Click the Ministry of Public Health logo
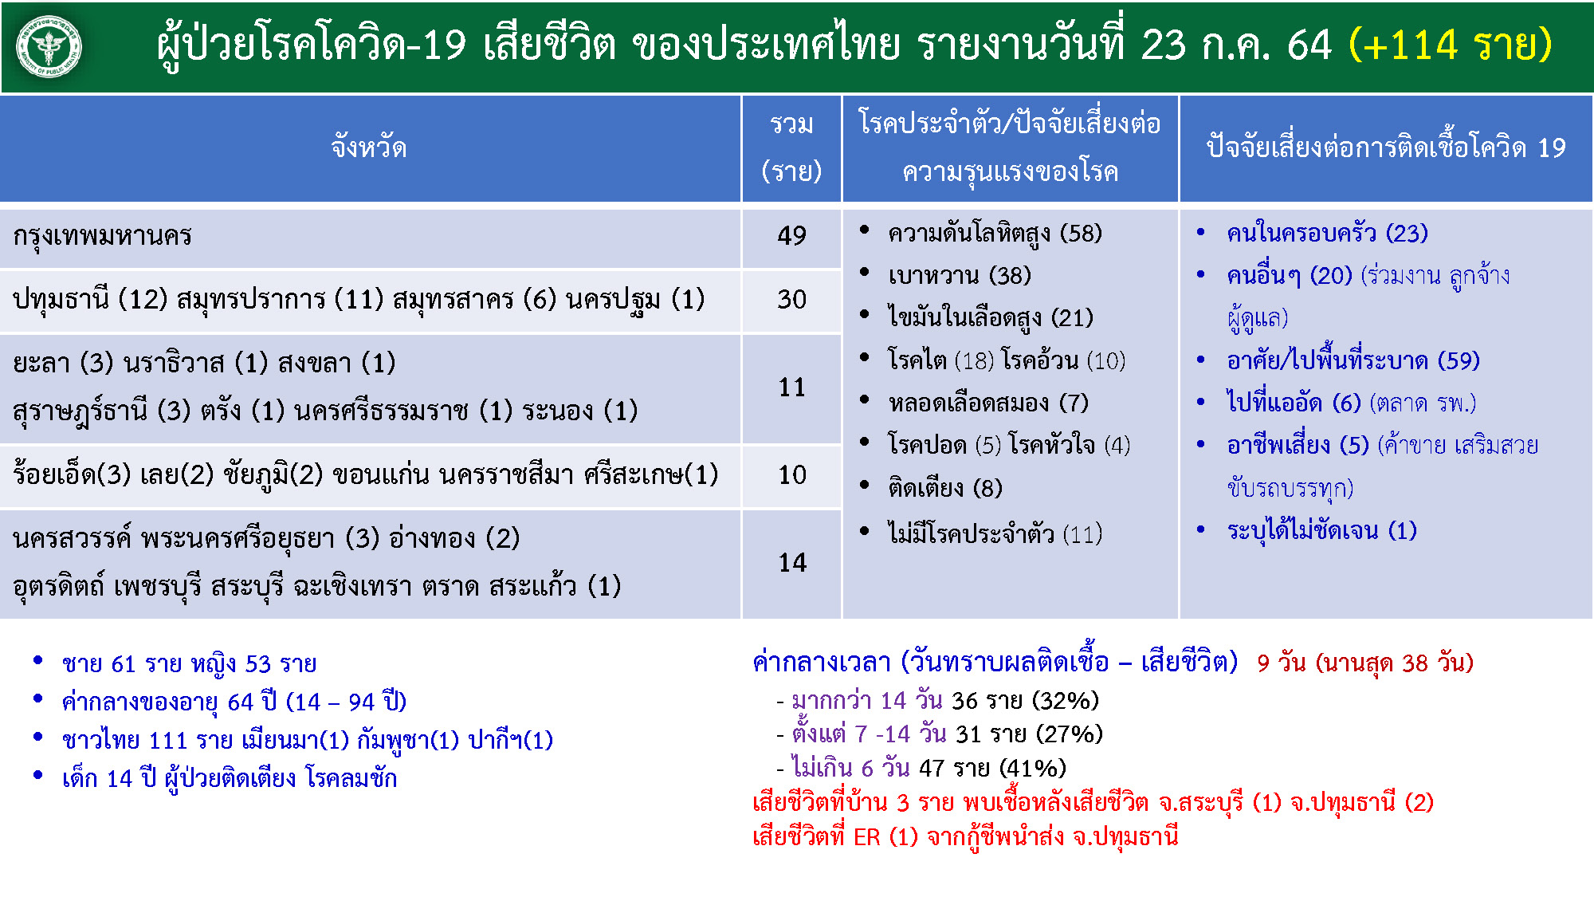[49, 47]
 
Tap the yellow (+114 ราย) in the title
[1451, 45]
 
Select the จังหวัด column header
[369, 148]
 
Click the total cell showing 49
[792, 236]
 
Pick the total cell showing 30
[792, 300]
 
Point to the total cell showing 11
[792, 388]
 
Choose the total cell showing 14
[792, 563]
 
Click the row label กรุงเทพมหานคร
[102, 236]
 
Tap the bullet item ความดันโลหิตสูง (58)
[995, 234]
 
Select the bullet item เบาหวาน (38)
[960, 276]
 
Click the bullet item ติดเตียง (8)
[945, 488]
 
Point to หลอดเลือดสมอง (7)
[988, 403]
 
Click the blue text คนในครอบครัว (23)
[1327, 234]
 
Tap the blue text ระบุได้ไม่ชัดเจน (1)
[1321, 531]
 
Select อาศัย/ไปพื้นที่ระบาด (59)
[1353, 361]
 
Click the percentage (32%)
[1066, 701]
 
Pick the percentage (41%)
[1033, 769]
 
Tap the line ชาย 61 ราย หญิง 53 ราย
[189, 664]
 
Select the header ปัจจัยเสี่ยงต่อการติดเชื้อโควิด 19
[1386, 148]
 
